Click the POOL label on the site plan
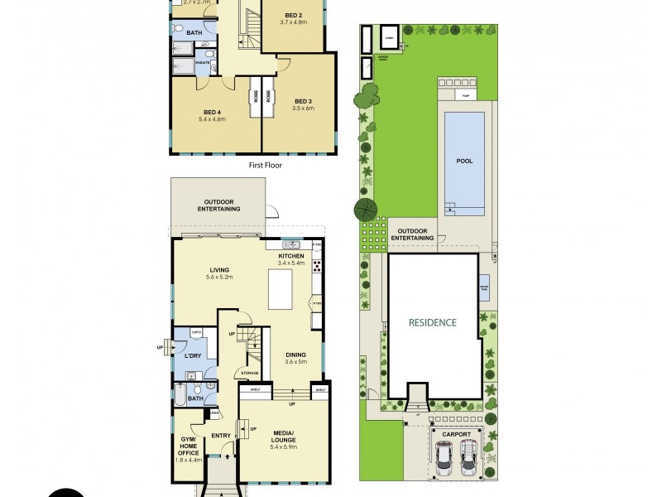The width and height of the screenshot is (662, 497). coord(464,161)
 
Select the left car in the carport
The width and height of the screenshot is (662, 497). coord(445,456)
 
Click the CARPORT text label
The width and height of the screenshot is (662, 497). coord(456,434)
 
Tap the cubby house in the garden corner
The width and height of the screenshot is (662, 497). coord(389,37)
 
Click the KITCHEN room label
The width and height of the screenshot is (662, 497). coord(291,257)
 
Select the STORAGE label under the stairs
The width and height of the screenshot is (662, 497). coord(250,374)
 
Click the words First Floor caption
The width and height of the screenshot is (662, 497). coord(266,166)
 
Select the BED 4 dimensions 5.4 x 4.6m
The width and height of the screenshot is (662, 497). coord(212,119)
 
